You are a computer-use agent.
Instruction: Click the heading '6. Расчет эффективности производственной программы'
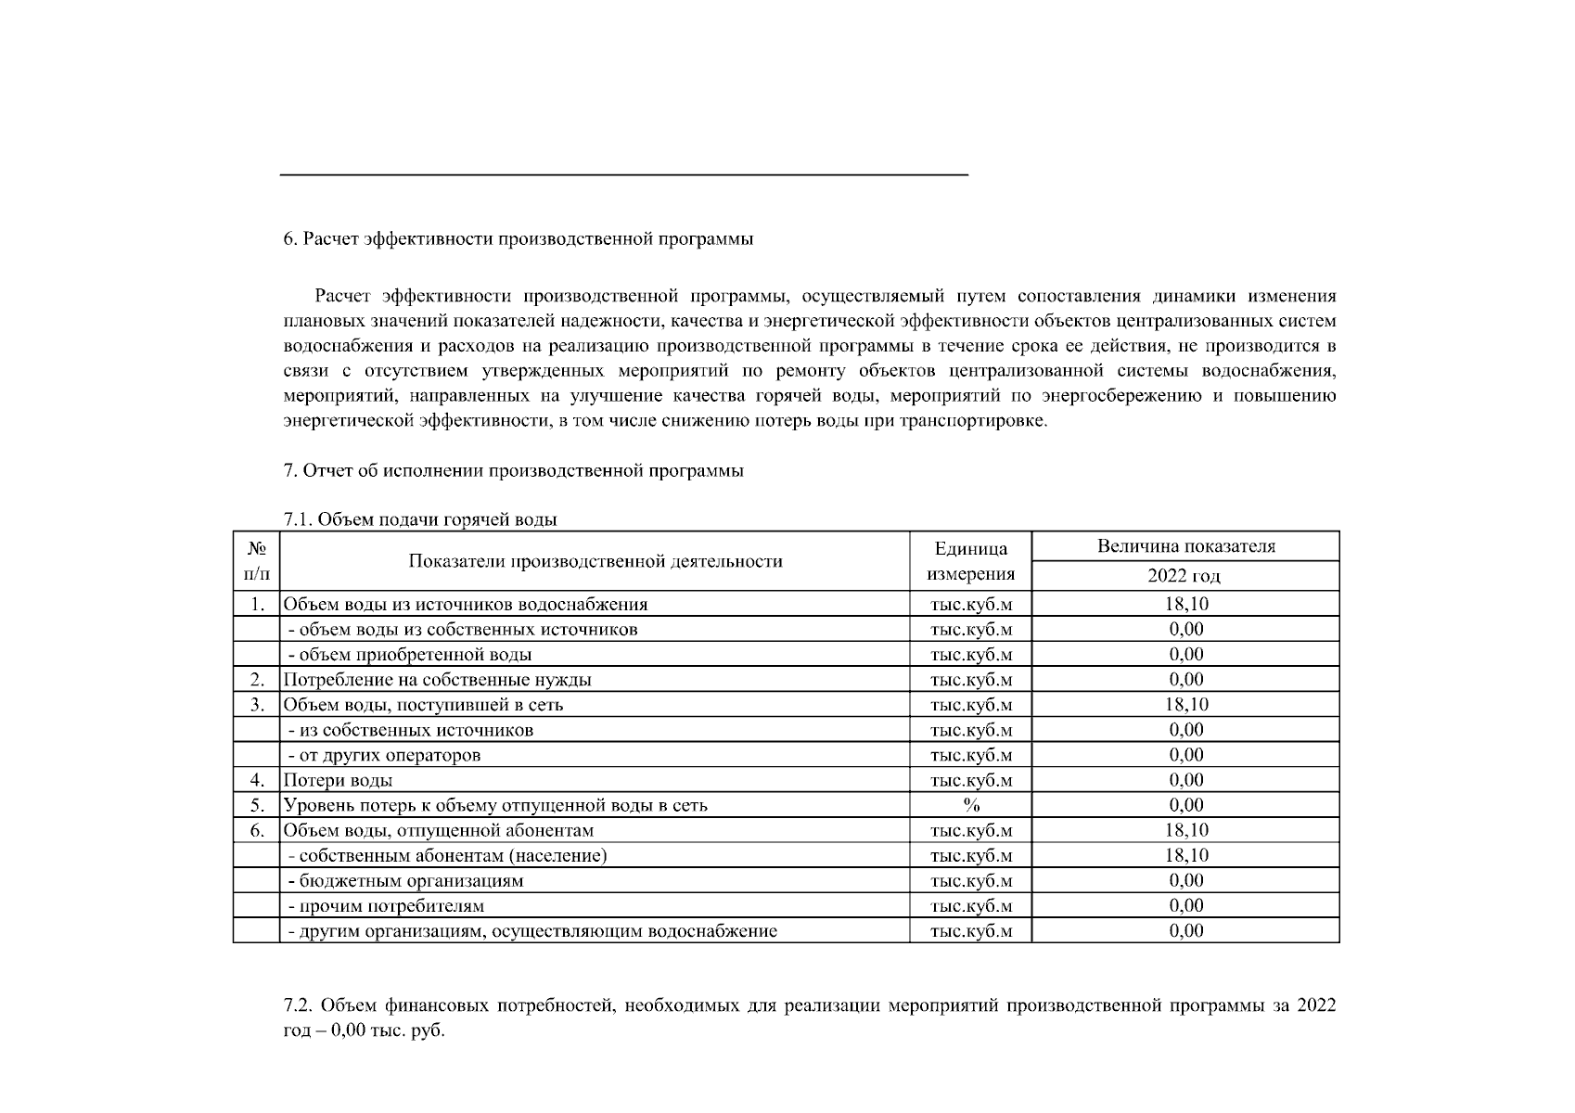[518, 239]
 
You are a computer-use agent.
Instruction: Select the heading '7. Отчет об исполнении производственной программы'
[513, 471]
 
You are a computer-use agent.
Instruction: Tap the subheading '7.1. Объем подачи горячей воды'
[419, 519]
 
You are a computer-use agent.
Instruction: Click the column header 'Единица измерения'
[970, 561]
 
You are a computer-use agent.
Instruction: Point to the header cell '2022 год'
[1184, 576]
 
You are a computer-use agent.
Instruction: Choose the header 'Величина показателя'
[1184, 546]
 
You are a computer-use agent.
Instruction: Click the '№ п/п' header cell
[256, 561]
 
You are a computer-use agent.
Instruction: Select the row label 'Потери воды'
[338, 780]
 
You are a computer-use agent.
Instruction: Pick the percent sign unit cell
[970, 805]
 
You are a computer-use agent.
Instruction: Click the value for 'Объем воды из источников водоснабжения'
[1185, 604]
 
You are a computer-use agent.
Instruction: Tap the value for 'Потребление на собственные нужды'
[1185, 679]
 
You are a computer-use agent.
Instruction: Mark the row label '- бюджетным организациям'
[406, 880]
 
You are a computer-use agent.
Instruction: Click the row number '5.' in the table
[257, 805]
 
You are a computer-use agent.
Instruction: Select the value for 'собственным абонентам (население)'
[1185, 855]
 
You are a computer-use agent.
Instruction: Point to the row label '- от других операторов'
[384, 755]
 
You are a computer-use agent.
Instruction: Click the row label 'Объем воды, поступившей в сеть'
[423, 705]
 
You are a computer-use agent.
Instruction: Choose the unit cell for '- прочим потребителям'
[970, 905]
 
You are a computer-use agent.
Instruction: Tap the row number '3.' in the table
[257, 705]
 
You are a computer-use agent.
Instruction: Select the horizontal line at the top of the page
[623, 174]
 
